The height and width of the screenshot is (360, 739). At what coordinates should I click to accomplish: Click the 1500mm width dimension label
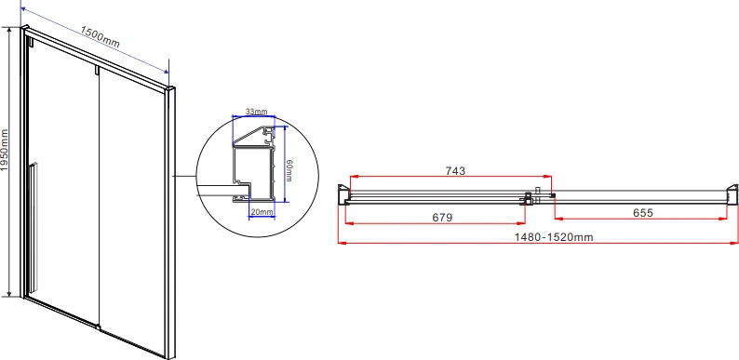coord(100,37)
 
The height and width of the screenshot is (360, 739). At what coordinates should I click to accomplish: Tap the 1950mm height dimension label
coord(5,150)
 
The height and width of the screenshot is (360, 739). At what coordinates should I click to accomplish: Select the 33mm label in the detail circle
coord(256,112)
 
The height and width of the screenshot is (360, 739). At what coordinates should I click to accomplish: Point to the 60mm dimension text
coord(289,169)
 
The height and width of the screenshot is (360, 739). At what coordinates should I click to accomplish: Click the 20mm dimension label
coord(262,212)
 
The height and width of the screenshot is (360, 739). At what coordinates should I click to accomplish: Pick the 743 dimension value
coord(455,170)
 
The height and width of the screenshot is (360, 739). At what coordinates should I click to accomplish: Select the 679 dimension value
coord(442,218)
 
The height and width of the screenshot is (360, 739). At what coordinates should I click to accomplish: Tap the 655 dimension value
coord(643,212)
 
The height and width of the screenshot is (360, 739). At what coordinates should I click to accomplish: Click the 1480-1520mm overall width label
coord(553,237)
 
